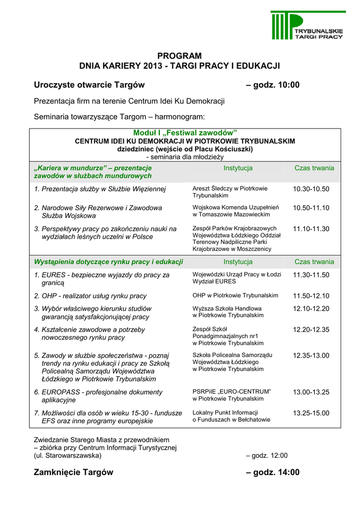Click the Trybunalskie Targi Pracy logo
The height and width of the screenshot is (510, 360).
309,25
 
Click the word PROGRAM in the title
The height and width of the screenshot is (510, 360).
180,56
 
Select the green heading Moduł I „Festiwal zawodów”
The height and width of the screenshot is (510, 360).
185,132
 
